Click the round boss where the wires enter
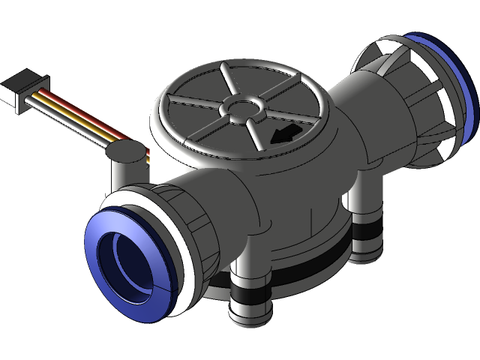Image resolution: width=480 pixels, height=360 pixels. click(x=124, y=153)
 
